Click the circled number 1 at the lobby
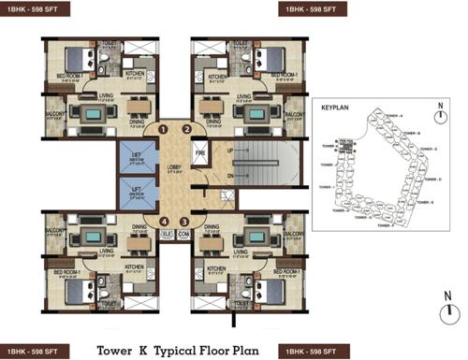tap(163, 129)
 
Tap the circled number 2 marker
tap(185, 129)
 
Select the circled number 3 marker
tap(184, 222)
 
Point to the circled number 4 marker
tap(164, 222)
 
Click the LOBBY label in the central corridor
tap(174, 168)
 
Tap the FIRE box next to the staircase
tap(198, 151)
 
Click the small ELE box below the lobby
tap(168, 235)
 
